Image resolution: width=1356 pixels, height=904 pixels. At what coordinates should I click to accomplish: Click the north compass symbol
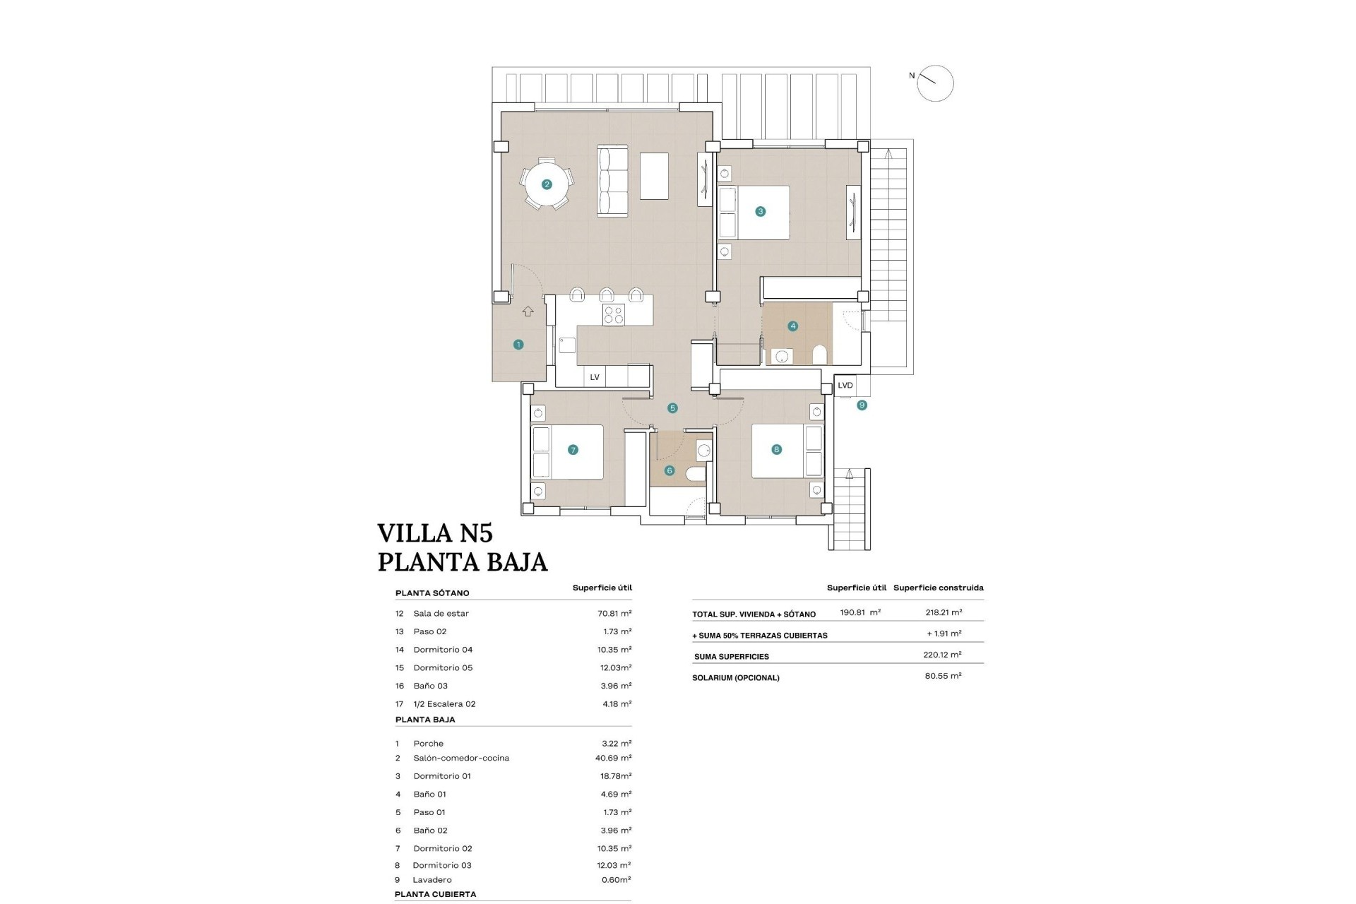point(935,83)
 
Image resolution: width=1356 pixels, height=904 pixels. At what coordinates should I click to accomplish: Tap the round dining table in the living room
point(547,184)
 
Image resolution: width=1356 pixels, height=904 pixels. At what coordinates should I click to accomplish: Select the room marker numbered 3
point(760,211)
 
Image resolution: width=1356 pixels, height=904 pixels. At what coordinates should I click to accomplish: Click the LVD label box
point(845,386)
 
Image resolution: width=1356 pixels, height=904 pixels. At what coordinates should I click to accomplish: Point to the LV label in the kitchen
point(595,377)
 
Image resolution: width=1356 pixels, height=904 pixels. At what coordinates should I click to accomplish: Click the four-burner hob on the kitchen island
point(613,314)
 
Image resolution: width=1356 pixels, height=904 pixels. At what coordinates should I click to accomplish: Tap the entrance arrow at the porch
point(528,311)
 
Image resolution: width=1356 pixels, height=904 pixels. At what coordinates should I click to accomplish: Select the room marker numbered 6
point(670,470)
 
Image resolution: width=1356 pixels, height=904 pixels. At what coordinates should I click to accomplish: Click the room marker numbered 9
point(862,405)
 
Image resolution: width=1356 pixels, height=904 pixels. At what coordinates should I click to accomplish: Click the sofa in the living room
point(612,181)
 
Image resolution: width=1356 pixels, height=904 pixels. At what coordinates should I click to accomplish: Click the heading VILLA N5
point(434,533)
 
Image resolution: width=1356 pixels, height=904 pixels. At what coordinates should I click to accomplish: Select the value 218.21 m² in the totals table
point(944,612)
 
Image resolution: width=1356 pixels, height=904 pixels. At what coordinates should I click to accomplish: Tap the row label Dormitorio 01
point(442,775)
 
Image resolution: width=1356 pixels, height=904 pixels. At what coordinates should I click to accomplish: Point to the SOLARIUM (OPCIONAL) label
point(737,677)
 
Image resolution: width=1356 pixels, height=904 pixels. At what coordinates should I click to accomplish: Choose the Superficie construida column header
point(938,588)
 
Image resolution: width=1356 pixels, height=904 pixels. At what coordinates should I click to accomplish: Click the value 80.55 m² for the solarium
point(944,676)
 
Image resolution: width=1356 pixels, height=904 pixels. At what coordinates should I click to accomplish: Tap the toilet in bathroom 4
point(819,353)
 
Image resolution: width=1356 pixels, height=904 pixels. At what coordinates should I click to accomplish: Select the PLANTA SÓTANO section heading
point(432,593)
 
